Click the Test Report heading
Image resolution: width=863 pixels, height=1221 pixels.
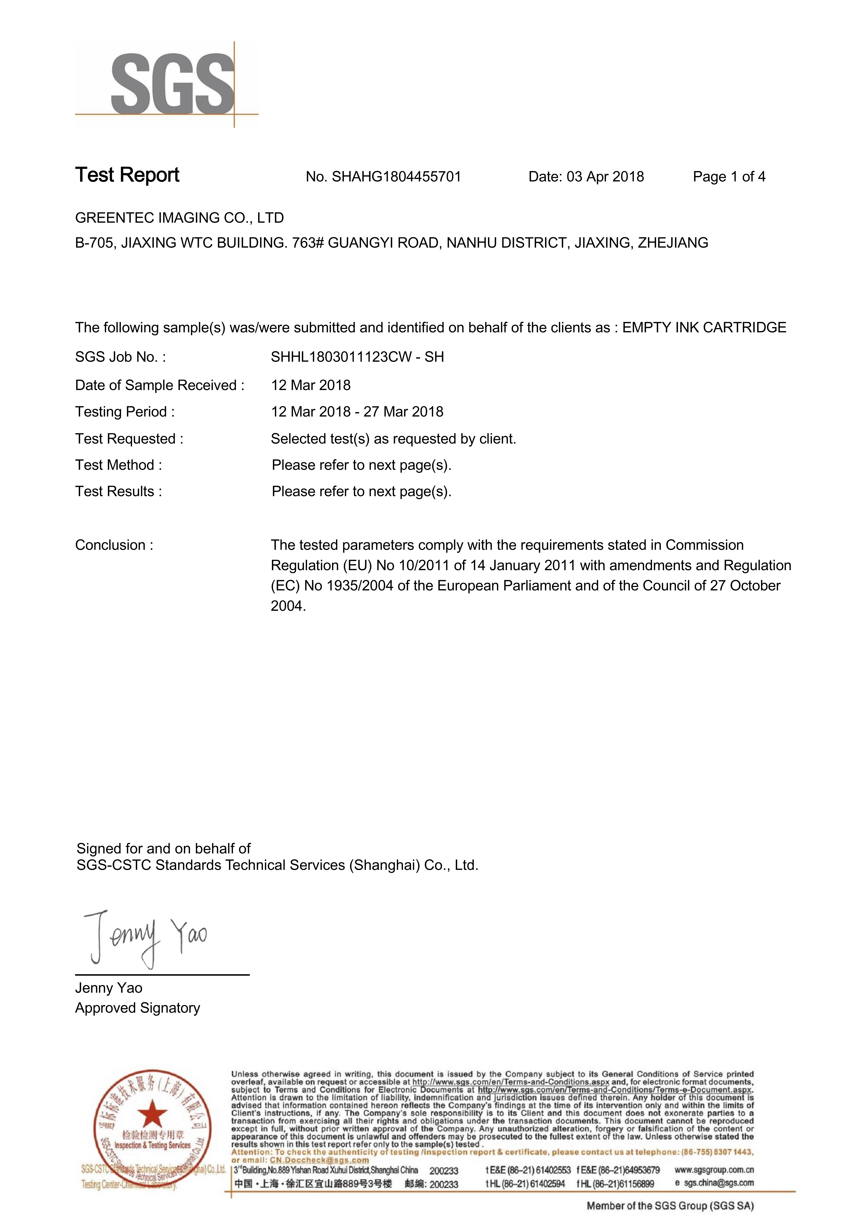pos(127,175)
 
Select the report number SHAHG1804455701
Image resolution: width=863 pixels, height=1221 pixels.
pos(396,177)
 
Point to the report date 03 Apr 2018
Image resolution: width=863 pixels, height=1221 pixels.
pos(605,177)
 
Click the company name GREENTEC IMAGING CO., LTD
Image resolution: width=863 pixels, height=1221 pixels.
pos(179,218)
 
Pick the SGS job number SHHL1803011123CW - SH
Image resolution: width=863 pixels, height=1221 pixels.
pos(357,357)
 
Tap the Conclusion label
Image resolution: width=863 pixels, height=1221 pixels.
pos(114,545)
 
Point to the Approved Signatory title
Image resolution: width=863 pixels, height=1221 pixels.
pos(137,1008)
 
